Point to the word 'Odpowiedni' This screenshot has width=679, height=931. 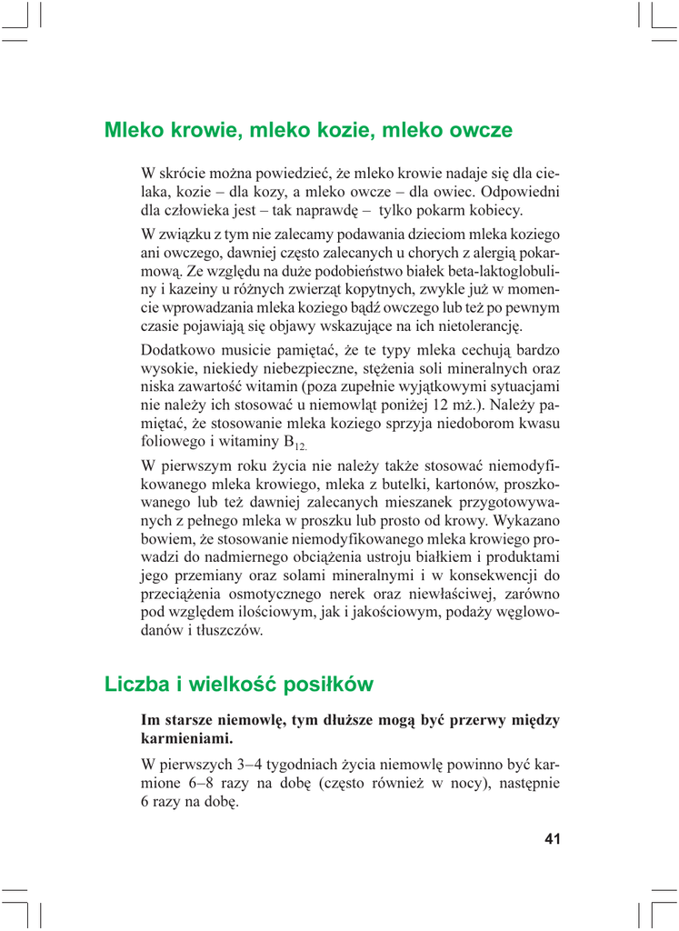point(518,192)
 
